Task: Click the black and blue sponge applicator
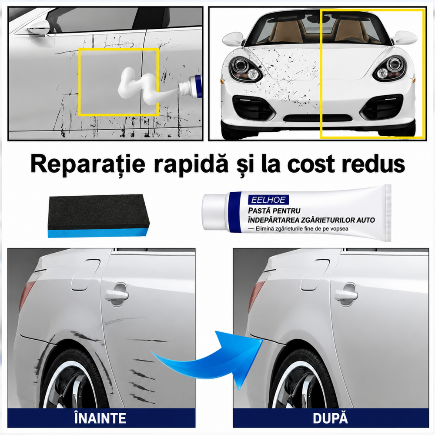click(99, 216)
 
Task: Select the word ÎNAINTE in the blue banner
click(100, 418)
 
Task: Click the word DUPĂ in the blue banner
click(330, 418)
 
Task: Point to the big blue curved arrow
click(211, 361)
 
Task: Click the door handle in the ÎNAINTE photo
click(117, 294)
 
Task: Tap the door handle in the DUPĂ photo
click(345, 294)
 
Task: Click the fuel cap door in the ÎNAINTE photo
click(85, 274)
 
